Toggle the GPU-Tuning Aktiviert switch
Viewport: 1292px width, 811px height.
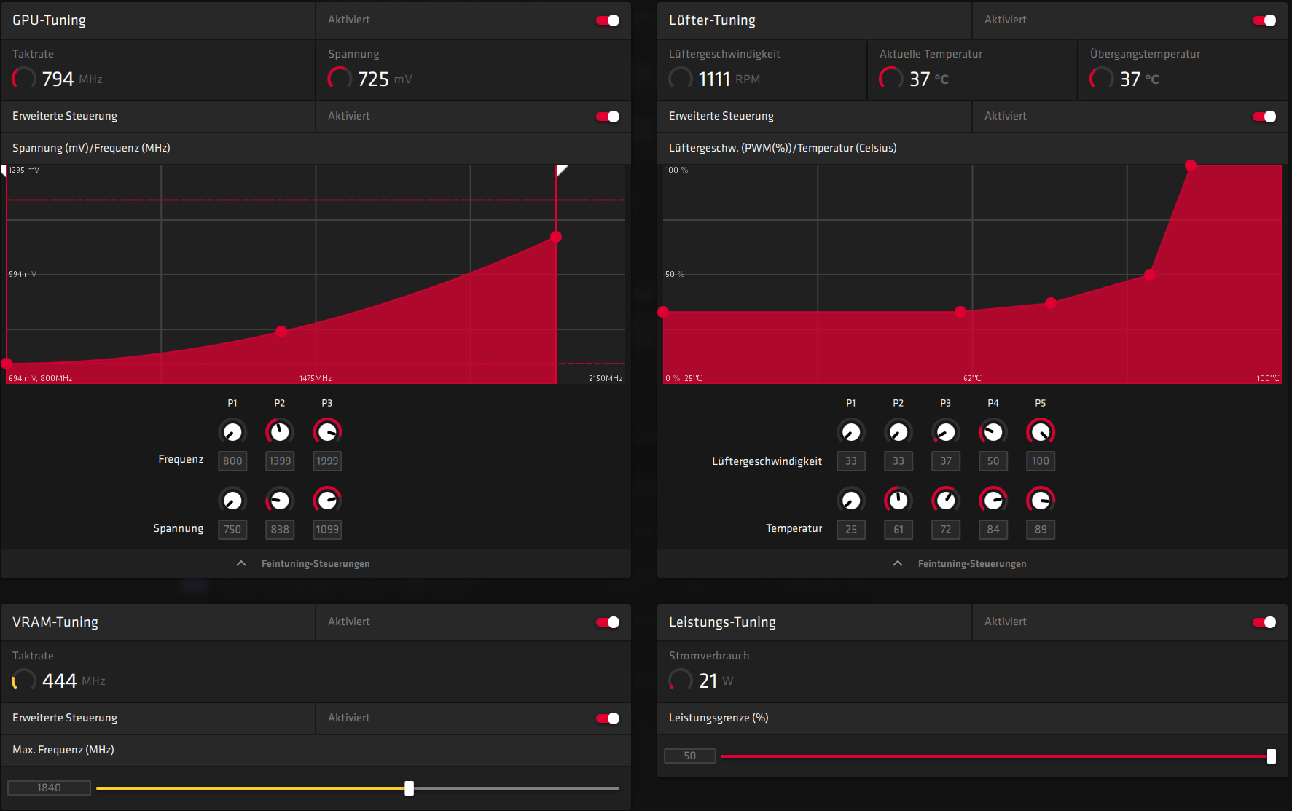click(608, 20)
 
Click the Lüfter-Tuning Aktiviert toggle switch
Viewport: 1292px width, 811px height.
click(1264, 20)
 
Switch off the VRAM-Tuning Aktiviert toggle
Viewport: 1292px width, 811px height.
click(608, 622)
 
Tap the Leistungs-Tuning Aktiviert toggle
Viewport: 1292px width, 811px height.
click(1264, 622)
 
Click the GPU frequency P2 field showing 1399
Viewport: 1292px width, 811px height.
click(280, 461)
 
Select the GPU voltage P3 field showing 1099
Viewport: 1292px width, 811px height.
click(327, 530)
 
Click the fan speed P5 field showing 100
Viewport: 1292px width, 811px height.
click(1041, 461)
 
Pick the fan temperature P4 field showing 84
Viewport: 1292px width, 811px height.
click(993, 530)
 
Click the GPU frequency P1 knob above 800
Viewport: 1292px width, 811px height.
click(232, 432)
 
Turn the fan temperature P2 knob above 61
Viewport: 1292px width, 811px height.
click(898, 501)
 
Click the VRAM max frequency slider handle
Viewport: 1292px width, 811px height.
click(410, 788)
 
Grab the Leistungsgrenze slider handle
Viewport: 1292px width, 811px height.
click(1272, 756)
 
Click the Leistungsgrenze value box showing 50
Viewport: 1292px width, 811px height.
click(689, 756)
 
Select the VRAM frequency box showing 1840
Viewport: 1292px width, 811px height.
click(49, 788)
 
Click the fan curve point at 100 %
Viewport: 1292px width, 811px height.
click(1191, 165)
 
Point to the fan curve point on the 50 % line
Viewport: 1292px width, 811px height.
click(1150, 275)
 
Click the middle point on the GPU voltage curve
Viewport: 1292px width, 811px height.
click(281, 332)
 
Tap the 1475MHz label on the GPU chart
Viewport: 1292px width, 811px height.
click(316, 378)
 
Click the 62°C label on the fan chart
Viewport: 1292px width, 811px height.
click(972, 378)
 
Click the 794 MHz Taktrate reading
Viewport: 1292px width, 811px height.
click(58, 79)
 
